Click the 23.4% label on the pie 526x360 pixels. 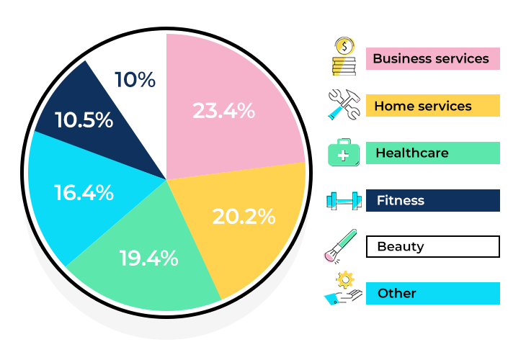coord(223,111)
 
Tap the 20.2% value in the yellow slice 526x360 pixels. coord(244,215)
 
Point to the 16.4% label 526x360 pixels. coord(84,192)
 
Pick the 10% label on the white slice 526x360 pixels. coord(135,79)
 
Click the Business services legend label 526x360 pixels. coord(431,58)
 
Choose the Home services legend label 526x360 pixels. coord(423,106)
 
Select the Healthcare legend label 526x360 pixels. coord(411,153)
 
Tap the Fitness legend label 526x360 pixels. coord(400,200)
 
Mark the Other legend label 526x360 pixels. coord(396,293)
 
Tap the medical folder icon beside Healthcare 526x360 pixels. coord(344,153)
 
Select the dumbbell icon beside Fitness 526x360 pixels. coord(343,200)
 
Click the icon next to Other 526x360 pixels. coord(342,288)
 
